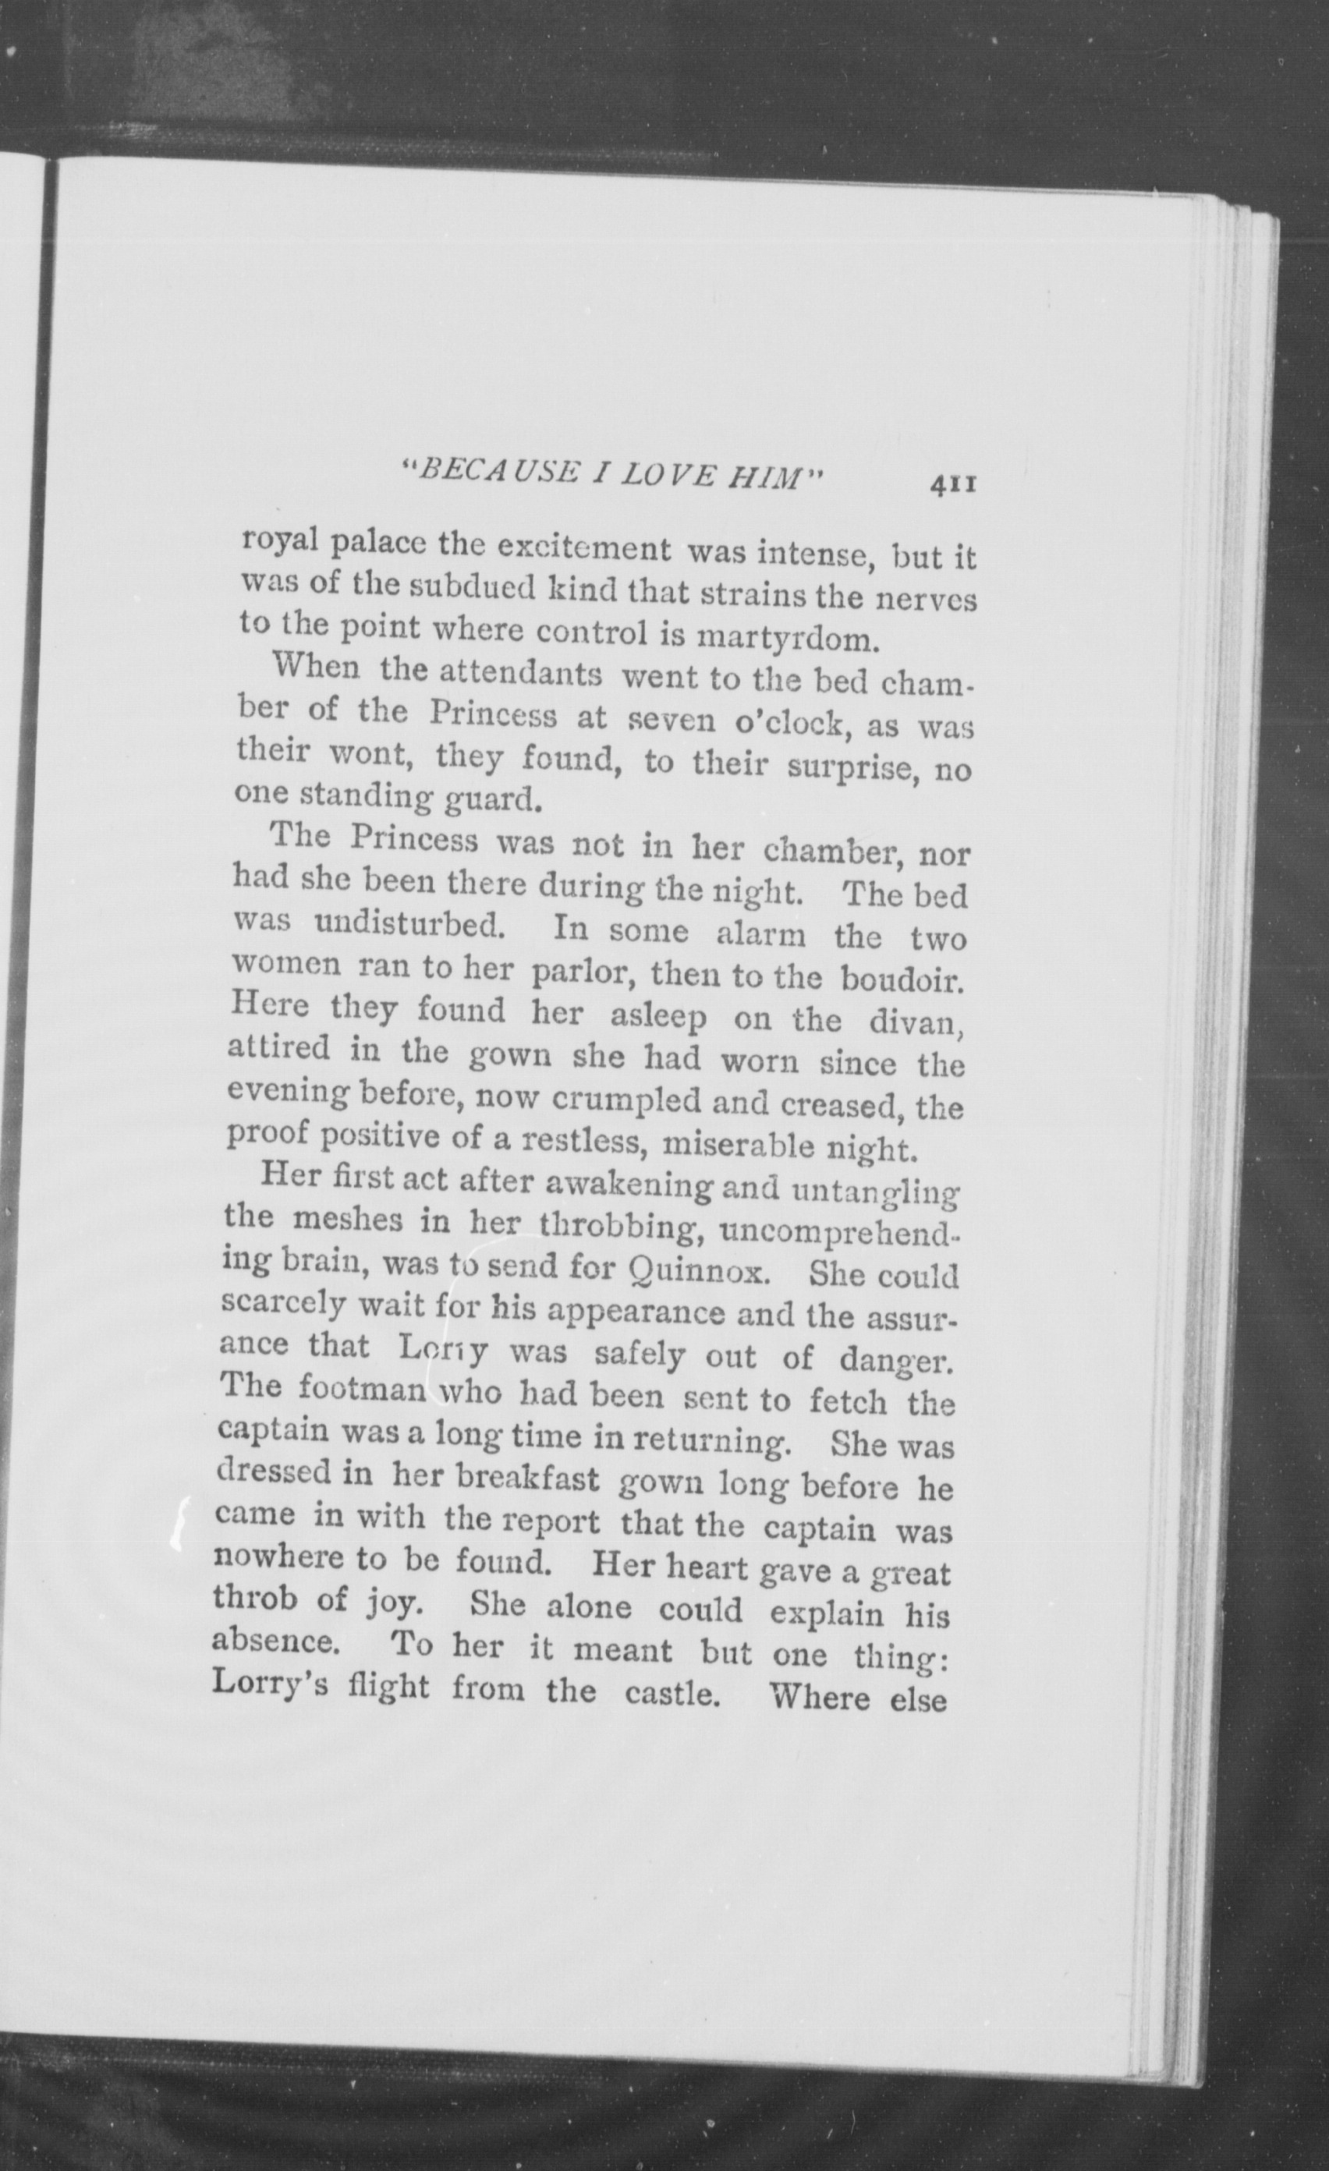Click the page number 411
click(948, 486)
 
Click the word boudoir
click(902, 979)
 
